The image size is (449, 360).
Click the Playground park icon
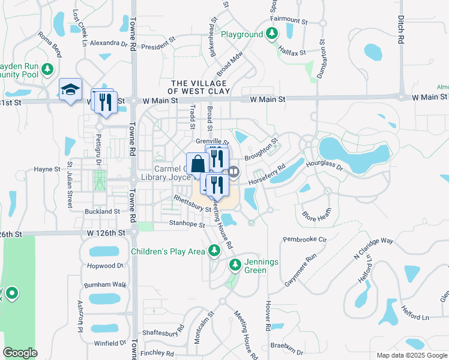273,35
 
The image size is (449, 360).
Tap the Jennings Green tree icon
235,264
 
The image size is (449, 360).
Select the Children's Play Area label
167,251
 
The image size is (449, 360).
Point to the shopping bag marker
197,164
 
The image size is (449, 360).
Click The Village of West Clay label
198,87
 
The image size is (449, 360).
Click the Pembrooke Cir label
304,239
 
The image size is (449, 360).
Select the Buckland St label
102,212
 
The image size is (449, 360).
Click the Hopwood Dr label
104,265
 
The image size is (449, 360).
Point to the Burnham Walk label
105,284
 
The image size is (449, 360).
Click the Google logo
20,353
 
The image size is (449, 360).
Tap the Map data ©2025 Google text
411,355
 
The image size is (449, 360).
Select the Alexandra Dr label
109,43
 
